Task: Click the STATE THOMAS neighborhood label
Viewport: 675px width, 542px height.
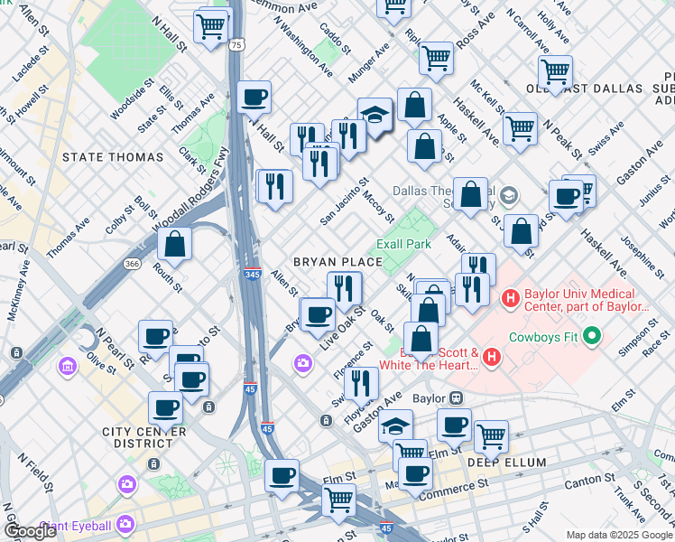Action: (x=113, y=157)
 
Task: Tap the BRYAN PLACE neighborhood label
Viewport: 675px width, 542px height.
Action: (x=337, y=262)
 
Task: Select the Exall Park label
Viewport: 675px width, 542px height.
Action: (x=403, y=244)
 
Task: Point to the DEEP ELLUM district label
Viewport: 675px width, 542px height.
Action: (x=506, y=463)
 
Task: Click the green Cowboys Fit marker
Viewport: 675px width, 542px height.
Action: (x=592, y=338)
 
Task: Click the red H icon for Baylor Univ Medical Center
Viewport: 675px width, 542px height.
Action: (x=511, y=296)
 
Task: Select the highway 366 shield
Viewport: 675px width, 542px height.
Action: (x=133, y=264)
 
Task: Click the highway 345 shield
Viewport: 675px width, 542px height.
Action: (x=253, y=273)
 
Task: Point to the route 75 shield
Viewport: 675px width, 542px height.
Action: (x=236, y=43)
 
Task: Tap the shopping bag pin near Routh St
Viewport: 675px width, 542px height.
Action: (x=174, y=243)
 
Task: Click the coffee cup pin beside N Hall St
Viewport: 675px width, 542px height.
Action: (x=254, y=96)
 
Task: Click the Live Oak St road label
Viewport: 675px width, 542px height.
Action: (x=343, y=323)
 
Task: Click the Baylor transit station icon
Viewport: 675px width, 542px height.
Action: (x=457, y=397)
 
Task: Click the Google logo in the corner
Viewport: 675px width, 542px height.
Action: (x=30, y=531)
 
